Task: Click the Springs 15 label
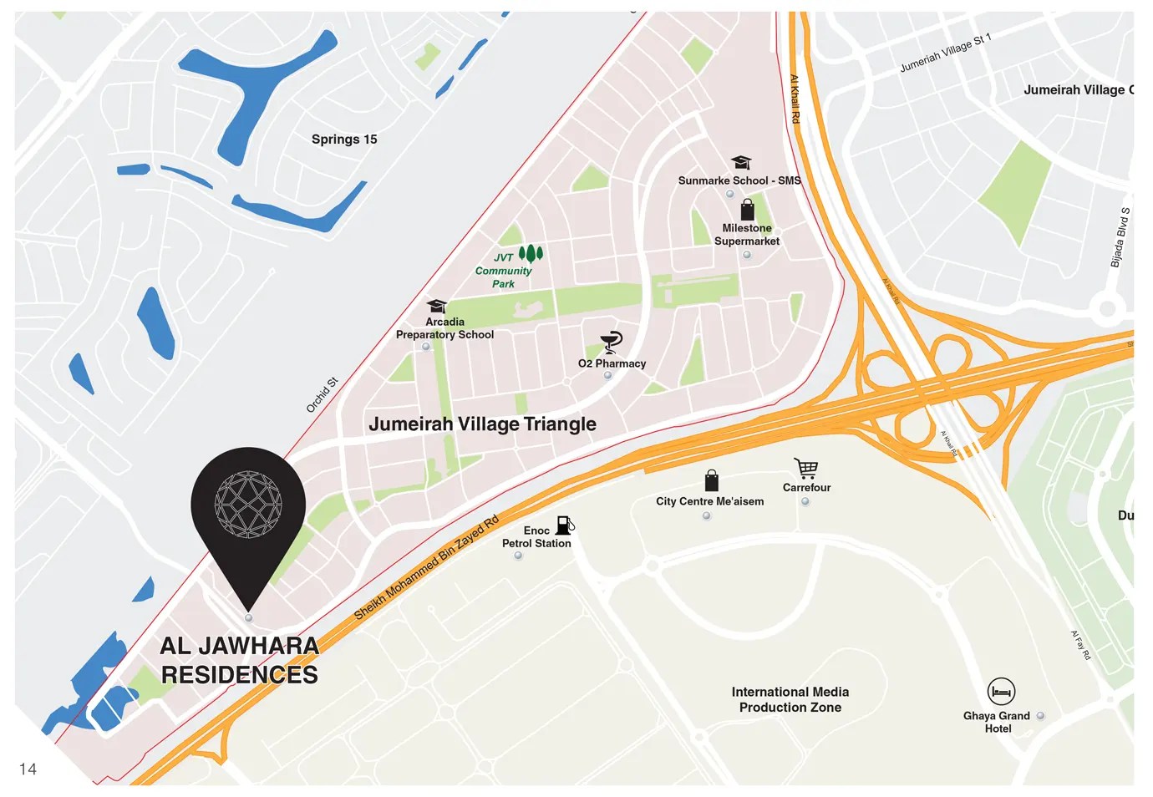point(344,140)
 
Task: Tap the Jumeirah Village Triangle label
point(482,424)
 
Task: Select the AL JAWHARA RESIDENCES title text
point(240,660)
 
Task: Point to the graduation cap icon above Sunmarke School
point(741,162)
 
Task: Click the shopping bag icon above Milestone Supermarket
point(747,210)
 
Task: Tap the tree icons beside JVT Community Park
point(531,253)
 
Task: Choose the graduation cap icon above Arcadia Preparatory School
point(436,306)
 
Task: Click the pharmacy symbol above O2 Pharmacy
point(612,342)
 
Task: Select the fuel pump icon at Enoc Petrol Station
point(565,525)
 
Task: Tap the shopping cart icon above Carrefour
point(806,468)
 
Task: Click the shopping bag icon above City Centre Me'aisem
point(711,480)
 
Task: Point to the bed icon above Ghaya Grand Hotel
point(1000,692)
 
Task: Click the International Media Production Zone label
point(790,699)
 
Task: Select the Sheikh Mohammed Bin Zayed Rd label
point(426,567)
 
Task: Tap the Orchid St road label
point(322,395)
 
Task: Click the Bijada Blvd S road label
point(1120,237)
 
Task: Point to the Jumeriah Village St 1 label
point(946,53)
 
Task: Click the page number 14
point(28,769)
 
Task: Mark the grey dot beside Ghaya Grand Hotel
point(1040,716)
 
